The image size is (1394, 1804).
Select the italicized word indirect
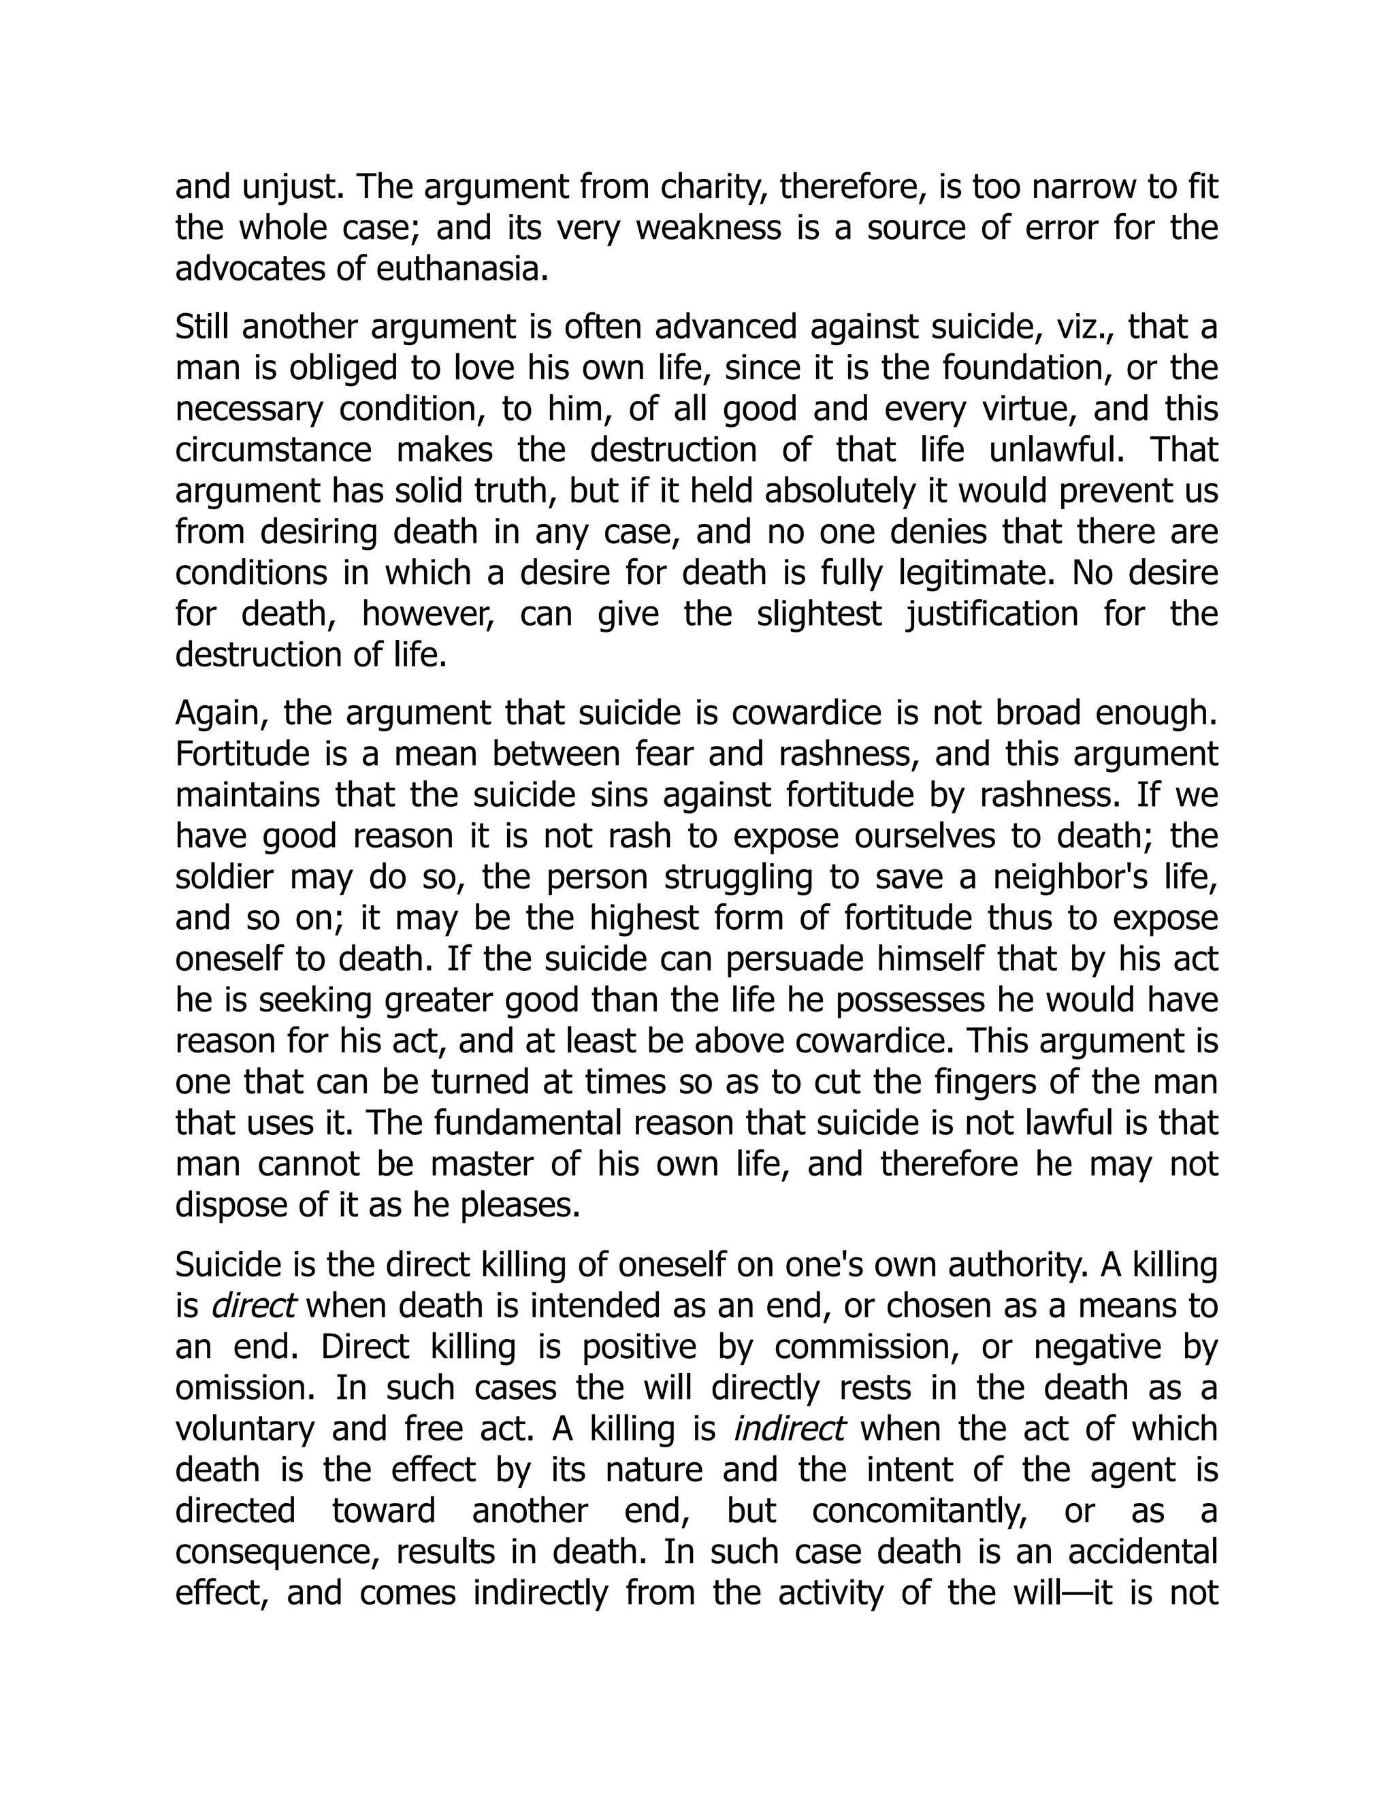789,1429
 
